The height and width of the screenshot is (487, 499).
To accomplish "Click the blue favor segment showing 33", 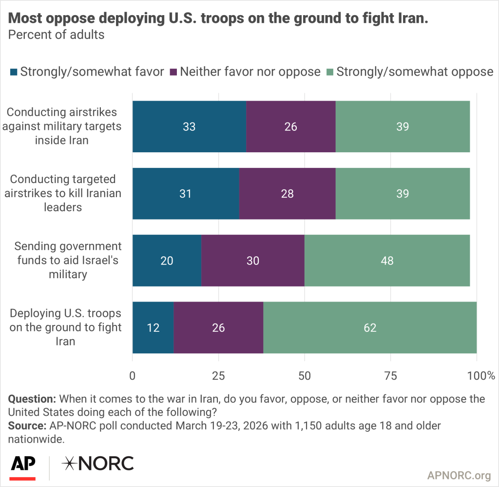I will coord(189,126).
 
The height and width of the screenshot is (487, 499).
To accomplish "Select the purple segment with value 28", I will coord(288,193).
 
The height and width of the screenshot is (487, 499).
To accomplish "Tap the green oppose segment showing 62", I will coord(370,327).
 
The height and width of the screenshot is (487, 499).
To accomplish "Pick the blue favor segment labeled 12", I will coord(153,327).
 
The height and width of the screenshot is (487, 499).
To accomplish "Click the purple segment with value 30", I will coord(253,261).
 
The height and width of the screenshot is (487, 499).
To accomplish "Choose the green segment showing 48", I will coord(387,261).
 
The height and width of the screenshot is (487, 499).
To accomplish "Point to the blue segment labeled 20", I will coord(167,261).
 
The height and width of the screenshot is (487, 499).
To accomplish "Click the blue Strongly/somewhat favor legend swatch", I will coord(14,72).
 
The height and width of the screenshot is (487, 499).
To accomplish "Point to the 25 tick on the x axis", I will coord(218,376).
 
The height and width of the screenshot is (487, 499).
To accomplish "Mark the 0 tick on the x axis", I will coord(133,376).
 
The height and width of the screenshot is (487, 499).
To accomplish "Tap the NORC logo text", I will coord(97,464).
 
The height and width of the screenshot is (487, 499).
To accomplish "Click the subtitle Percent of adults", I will coord(57,35).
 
